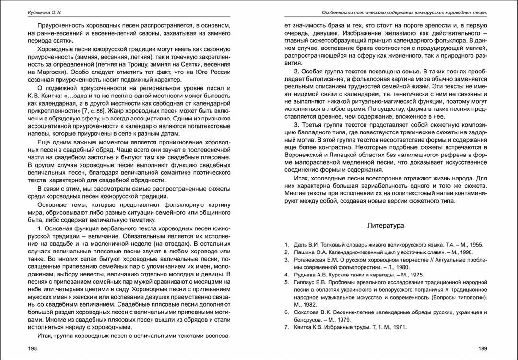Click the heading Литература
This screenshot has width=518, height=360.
click(x=386, y=225)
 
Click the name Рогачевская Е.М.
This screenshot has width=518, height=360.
click(x=315, y=260)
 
